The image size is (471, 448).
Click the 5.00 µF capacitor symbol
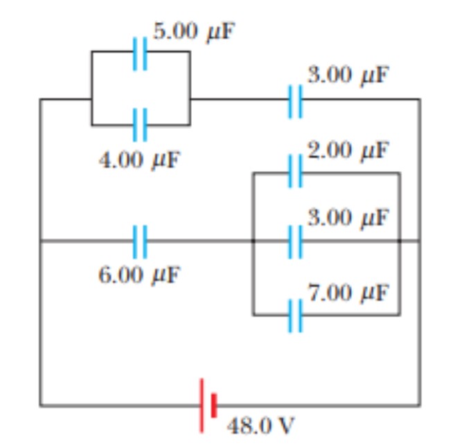141,51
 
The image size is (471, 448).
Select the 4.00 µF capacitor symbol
141,125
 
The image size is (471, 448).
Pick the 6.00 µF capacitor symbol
141,241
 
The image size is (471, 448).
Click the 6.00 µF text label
139,274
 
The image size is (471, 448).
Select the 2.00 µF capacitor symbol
296,172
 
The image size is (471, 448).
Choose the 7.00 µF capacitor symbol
296,315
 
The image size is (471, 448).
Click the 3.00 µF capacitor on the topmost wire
296,99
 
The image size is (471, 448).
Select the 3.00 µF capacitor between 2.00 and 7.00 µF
296,241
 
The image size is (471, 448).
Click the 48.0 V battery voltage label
260,424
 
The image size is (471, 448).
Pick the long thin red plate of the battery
202,405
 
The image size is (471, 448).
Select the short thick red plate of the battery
215,405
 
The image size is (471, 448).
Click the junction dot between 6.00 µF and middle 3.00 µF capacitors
253,241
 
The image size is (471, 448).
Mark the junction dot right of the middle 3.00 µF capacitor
400,241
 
